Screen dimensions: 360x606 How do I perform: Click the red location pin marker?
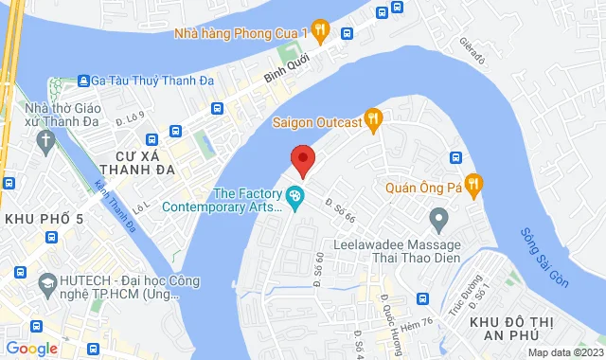pyautogui.click(x=302, y=159)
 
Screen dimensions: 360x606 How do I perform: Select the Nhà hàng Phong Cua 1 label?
pyautogui.click(x=242, y=32)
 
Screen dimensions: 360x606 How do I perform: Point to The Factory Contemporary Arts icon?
pyautogui.click(x=295, y=198)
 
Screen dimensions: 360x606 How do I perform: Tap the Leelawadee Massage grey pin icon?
pyautogui.click(x=437, y=221)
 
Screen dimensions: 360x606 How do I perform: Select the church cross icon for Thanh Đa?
pyautogui.click(x=45, y=142)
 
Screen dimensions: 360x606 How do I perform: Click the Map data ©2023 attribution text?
pyautogui.click(x=563, y=353)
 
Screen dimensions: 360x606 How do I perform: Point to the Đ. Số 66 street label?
pyautogui.click(x=338, y=211)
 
